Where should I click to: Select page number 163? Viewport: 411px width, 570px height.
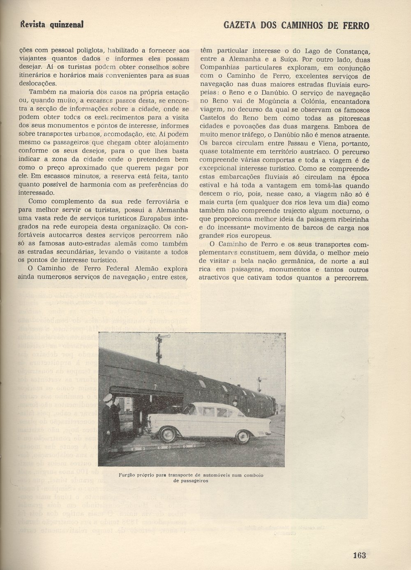point(359,555)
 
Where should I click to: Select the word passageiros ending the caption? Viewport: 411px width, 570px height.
point(191,480)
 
